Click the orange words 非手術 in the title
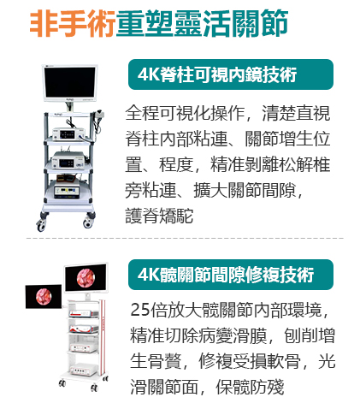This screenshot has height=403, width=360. (73, 23)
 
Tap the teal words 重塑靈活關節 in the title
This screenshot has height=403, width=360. (202, 23)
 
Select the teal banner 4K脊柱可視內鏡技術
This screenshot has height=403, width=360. (231, 74)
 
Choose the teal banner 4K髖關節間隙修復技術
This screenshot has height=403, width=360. (231, 275)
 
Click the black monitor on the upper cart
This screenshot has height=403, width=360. (70, 83)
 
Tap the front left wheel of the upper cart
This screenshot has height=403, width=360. (40, 225)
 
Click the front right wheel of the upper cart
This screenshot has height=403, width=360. (87, 223)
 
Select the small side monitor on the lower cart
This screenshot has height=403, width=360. (44, 297)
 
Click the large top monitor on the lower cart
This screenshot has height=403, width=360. (86, 278)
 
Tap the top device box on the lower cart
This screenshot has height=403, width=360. (84, 313)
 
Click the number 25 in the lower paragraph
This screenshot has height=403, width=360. (140, 310)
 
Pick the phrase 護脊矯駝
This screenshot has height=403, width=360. (159, 216)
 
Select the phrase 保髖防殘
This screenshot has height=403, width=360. (250, 387)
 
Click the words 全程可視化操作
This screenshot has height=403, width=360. (185, 113)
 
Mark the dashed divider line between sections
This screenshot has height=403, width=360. (185, 238)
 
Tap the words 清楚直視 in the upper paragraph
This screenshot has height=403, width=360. (296, 113)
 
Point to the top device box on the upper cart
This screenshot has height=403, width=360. (68, 133)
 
